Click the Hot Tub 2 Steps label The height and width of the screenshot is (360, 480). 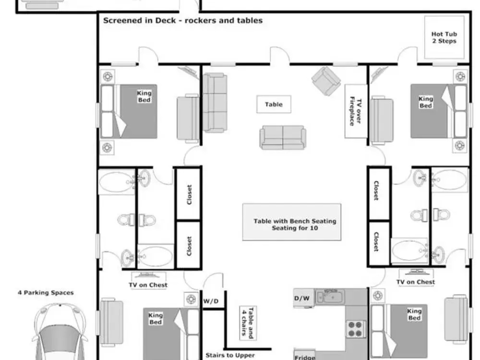point(444,37)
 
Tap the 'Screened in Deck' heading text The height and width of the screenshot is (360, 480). point(140,21)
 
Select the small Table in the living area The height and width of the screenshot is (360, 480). point(274,104)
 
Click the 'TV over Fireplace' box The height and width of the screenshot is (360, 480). point(356,111)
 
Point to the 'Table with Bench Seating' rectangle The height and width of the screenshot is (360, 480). point(292,222)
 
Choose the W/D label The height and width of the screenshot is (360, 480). point(211,301)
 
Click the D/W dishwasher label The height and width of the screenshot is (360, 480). point(302,298)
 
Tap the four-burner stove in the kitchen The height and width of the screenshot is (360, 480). point(356,329)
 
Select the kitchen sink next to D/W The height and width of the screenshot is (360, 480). point(330,296)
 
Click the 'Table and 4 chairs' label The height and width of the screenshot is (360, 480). point(248,323)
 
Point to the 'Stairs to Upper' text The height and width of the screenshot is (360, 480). point(230,355)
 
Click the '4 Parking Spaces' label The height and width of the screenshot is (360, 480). point(46,293)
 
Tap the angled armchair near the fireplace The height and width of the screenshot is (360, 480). point(326,81)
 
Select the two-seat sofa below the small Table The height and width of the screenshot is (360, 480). point(283,137)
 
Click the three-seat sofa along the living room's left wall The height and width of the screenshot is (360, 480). point(215,103)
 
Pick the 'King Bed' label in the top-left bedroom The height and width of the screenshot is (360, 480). point(144,96)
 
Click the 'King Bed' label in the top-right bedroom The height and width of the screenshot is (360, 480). point(425,102)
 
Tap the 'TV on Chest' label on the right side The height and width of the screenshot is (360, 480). point(416,282)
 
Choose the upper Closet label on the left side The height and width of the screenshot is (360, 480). point(189,195)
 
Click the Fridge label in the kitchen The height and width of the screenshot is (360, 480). point(305,357)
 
